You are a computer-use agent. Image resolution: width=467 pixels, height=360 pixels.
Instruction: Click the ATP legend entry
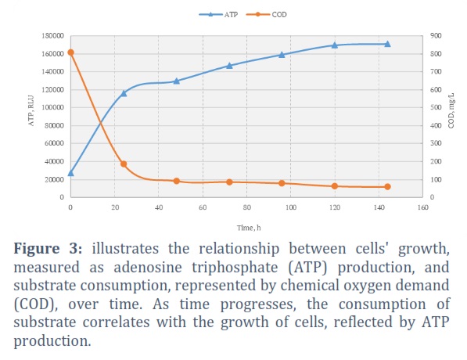[x=218, y=14]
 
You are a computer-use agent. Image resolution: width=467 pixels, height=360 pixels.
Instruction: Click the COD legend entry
[x=267, y=14]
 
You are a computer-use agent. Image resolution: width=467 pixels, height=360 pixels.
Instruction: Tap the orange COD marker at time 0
[x=70, y=52]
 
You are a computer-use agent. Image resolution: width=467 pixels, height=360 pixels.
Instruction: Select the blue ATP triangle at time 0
[x=70, y=173]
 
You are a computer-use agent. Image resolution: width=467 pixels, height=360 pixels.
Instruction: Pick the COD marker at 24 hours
[x=124, y=164]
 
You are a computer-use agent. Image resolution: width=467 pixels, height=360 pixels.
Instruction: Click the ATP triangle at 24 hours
[x=124, y=93]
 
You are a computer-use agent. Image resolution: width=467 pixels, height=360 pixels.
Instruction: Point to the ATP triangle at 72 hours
[x=229, y=66]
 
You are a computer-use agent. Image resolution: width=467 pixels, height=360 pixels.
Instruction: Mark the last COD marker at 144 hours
[x=387, y=187]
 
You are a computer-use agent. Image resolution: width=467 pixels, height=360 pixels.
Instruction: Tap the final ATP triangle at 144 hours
[x=387, y=44]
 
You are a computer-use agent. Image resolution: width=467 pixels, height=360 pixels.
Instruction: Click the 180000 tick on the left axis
[x=52, y=36]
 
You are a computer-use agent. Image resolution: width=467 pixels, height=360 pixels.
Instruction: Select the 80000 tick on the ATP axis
[x=54, y=125]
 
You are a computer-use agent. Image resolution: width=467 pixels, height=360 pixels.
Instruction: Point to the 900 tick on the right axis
[x=436, y=36]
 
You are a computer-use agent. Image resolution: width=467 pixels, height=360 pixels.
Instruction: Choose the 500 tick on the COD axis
[x=436, y=107]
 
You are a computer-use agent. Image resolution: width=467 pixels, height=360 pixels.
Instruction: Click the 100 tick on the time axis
[x=291, y=207]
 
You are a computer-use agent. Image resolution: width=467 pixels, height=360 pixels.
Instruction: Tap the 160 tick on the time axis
[x=422, y=207]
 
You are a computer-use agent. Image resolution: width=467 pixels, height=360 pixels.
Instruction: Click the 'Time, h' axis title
[x=249, y=228]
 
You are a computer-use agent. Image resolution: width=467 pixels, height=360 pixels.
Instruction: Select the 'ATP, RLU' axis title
[x=31, y=110]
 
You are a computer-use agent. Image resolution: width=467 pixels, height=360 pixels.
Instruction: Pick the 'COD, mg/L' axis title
[x=451, y=110]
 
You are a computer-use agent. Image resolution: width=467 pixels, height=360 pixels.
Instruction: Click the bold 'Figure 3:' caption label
[x=48, y=248]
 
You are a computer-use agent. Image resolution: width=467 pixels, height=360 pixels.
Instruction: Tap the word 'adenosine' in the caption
[x=148, y=267]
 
